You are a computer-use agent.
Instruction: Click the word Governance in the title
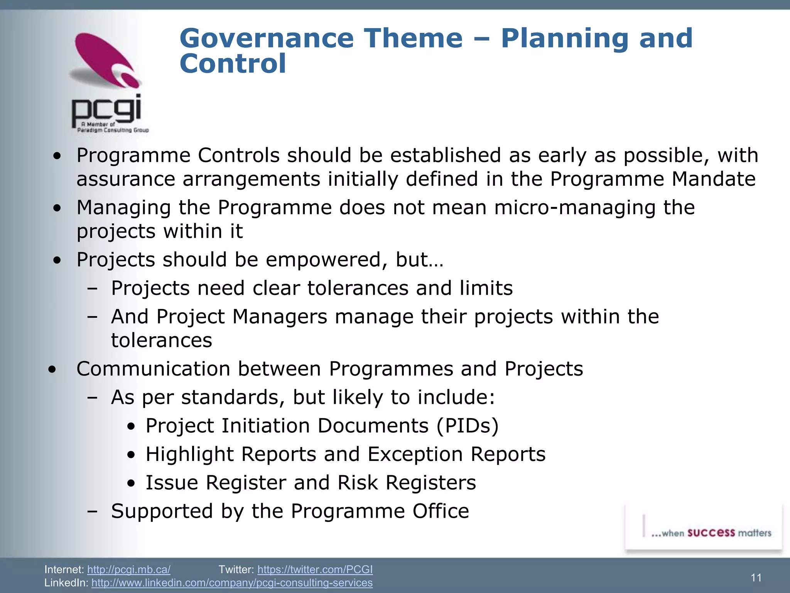click(266, 39)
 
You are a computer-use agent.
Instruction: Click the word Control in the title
click(233, 64)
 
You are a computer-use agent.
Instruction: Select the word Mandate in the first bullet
click(713, 179)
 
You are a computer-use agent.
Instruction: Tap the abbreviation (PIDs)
click(468, 426)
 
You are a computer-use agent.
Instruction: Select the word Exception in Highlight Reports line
click(415, 454)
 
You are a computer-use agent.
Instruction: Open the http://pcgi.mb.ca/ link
click(129, 569)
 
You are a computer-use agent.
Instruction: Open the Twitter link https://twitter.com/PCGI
click(315, 569)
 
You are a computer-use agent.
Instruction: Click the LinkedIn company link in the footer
click(232, 583)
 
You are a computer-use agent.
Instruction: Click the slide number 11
click(756, 578)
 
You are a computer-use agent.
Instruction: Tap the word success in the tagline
click(711, 533)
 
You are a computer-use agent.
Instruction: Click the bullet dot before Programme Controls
click(57, 156)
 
